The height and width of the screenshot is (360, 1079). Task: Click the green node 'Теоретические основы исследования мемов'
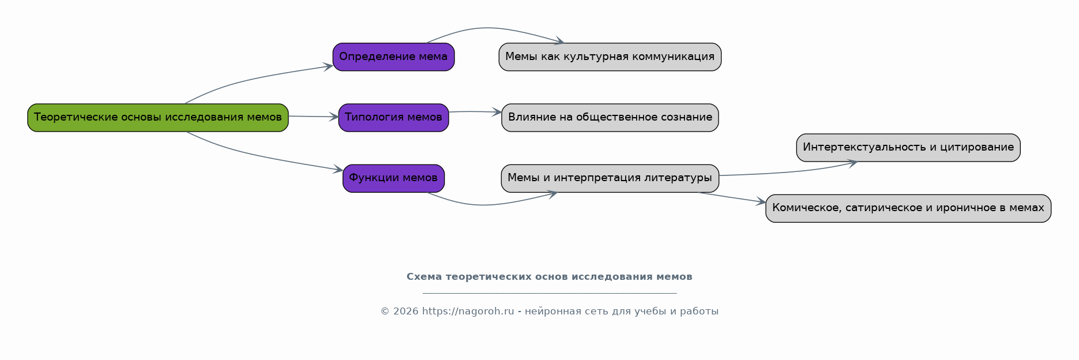(157, 118)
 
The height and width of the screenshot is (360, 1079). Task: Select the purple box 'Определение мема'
(393, 57)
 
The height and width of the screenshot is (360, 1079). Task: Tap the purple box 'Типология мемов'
(393, 118)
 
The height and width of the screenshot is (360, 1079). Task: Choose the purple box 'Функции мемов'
(393, 178)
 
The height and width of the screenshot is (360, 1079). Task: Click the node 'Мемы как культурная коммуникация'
(610, 57)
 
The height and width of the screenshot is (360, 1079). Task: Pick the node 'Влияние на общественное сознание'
(610, 118)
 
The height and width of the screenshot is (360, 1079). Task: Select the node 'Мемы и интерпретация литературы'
(610, 178)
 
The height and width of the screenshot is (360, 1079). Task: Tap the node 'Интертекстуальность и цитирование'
(908, 148)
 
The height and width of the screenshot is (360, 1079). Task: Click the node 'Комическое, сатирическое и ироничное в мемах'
(908, 208)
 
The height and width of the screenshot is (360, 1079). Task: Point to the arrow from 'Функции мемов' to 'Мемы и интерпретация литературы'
(484, 205)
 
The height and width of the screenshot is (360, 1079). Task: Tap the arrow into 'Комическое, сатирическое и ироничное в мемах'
(732, 197)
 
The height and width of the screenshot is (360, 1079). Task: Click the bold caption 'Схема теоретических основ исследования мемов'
(549, 277)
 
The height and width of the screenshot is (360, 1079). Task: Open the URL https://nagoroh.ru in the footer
(468, 312)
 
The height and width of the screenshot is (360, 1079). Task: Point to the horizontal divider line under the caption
(549, 293)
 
